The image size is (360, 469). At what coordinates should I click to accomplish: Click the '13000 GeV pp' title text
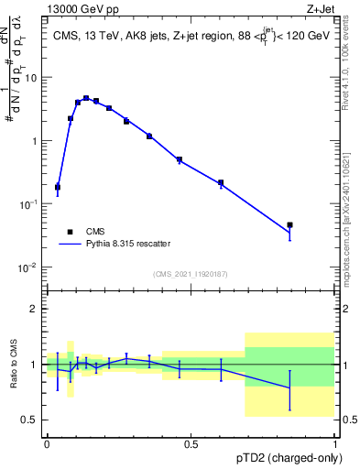coord(43,7)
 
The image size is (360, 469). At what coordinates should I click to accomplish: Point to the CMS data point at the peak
coord(86,98)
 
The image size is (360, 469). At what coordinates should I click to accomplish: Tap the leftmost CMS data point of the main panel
coord(58,187)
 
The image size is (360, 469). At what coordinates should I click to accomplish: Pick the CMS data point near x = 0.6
coord(221,183)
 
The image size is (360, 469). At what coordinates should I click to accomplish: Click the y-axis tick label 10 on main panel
coord(32,78)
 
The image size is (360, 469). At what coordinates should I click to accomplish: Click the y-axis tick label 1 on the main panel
coord(35,141)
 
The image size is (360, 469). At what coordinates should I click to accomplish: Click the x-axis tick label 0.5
coord(191,444)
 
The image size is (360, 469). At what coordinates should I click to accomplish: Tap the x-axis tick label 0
coord(47,444)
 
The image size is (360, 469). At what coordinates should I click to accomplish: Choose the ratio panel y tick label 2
coord(36,309)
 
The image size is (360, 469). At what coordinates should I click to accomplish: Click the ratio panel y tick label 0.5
coord(32,420)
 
